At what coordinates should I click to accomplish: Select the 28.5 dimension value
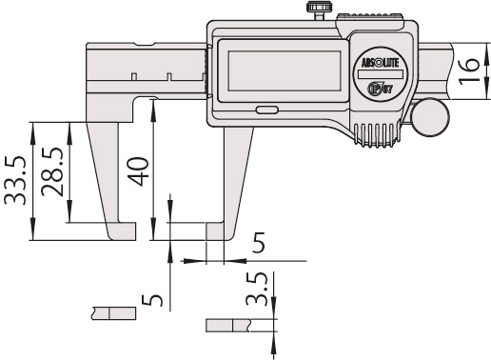click(x=54, y=171)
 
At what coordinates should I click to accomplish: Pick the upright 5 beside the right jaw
click(x=257, y=244)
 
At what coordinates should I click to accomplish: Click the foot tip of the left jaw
click(x=123, y=231)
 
